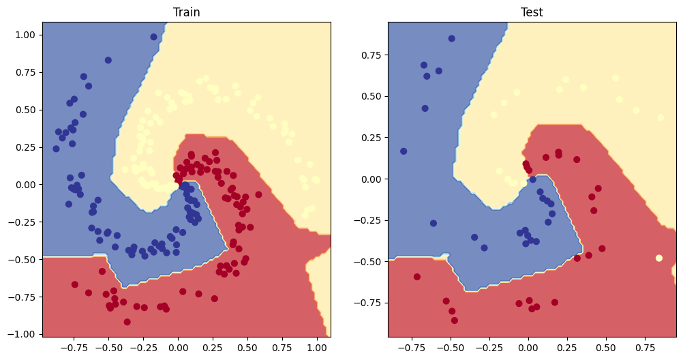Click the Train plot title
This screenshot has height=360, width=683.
pos(186,12)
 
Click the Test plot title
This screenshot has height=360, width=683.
pos(532,12)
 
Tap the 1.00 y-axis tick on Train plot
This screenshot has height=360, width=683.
pos(25,35)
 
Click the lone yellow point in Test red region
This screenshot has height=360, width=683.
pos(658,258)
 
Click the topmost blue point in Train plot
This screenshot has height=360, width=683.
pos(108,60)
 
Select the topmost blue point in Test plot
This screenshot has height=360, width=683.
pos(451,38)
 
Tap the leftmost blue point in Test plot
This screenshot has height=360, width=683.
pos(404,151)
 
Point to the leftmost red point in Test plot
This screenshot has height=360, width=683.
pos(417,277)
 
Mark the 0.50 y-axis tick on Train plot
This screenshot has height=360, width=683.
pos(25,110)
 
